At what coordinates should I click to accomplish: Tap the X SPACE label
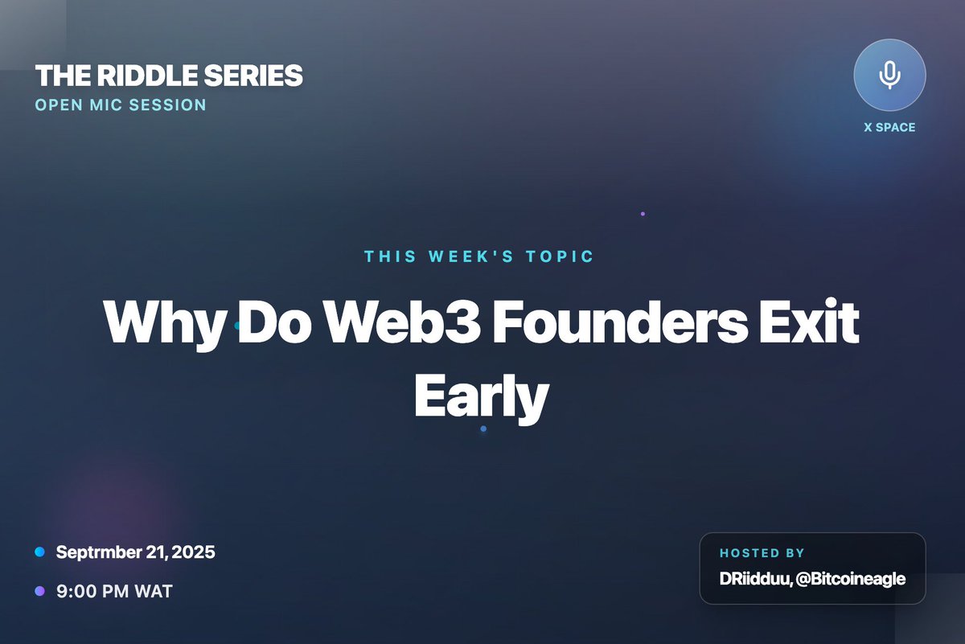tap(889, 127)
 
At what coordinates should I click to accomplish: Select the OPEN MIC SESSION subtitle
tap(121, 105)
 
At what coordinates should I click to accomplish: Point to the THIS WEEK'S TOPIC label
tap(479, 257)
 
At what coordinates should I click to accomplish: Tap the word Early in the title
tap(481, 397)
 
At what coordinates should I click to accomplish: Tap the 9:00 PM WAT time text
tap(114, 592)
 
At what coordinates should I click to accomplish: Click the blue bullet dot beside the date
tap(39, 552)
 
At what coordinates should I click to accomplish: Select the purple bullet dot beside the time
tap(39, 592)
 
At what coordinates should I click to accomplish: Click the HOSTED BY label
tap(762, 553)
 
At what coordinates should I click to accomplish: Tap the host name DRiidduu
tap(754, 578)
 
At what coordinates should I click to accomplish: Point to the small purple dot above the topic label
tap(643, 214)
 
